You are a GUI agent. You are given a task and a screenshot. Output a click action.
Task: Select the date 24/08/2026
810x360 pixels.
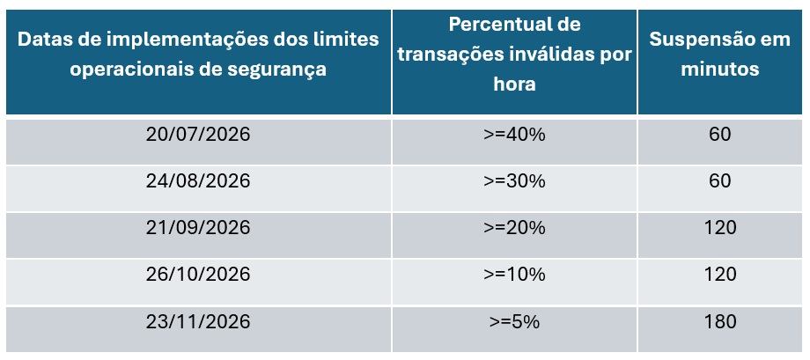click(x=198, y=181)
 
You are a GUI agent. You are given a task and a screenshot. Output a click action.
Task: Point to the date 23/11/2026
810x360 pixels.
click(x=198, y=321)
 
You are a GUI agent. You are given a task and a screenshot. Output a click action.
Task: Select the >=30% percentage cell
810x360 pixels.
click(x=515, y=181)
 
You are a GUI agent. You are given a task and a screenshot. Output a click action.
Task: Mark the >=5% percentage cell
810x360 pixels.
click(x=515, y=321)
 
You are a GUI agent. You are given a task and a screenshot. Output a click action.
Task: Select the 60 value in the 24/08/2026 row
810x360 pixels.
click(x=719, y=181)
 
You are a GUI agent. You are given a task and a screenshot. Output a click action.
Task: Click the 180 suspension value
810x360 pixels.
click(x=719, y=321)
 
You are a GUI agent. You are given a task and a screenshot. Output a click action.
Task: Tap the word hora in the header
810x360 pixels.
click(x=514, y=84)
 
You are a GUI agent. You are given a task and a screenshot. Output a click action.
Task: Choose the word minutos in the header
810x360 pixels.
click(x=719, y=70)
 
